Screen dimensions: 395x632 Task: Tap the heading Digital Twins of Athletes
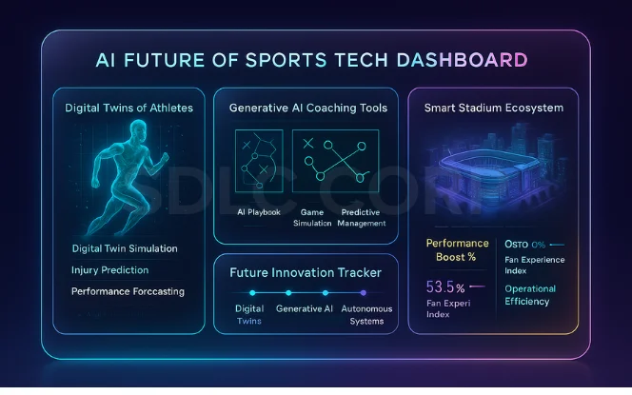(128, 108)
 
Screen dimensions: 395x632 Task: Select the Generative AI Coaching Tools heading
(308, 108)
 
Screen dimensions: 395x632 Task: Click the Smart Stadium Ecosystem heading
(493, 108)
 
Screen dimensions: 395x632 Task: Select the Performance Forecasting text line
(128, 291)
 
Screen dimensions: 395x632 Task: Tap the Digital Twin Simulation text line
(125, 248)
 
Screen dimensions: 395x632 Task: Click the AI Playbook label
(258, 212)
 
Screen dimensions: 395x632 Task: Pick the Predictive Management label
(363, 217)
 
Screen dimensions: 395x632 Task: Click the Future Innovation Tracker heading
(306, 272)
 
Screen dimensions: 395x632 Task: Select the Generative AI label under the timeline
(305, 308)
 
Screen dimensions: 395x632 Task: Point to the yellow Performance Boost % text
(457, 250)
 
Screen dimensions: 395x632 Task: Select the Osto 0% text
(524, 244)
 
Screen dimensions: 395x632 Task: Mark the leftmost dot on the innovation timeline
(250, 293)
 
